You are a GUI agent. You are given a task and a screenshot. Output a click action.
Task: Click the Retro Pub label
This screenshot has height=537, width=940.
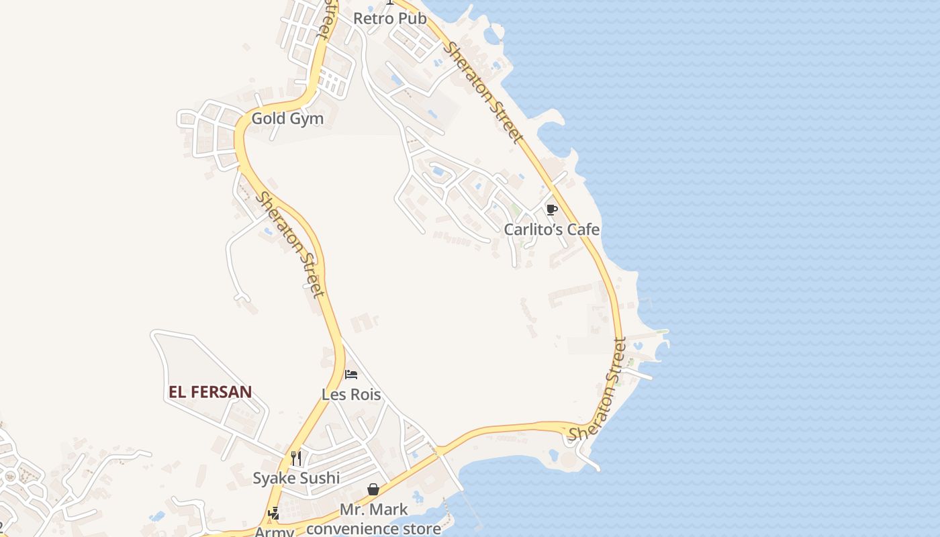[389, 18]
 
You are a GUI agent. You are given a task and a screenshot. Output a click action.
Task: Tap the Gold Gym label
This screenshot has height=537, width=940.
[287, 119]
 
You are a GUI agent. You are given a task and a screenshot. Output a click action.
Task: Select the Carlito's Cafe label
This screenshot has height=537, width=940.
[552, 230]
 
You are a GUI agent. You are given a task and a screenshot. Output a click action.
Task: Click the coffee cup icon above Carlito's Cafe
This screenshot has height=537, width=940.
[551, 210]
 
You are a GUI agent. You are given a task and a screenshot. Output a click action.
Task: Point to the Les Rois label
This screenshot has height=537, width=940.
[351, 395]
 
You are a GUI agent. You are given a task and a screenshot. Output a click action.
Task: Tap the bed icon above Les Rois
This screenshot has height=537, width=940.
[351, 375]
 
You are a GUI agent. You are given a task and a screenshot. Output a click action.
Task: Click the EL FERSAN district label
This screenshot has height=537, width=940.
[210, 392]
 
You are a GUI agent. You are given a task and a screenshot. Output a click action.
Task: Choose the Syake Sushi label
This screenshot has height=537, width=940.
[296, 479]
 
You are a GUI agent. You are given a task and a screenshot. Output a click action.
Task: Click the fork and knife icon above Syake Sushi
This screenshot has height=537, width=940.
[296, 458]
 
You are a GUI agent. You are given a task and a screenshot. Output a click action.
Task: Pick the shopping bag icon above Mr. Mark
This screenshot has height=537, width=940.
[373, 490]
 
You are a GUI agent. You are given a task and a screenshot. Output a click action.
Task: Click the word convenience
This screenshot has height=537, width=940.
[358, 528]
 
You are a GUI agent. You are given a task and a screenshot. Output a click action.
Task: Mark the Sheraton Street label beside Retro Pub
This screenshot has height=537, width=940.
[483, 93]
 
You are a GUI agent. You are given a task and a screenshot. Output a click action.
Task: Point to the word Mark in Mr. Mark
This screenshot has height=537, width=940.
[391, 510]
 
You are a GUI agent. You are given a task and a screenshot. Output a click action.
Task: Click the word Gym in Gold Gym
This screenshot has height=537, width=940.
[307, 119]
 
